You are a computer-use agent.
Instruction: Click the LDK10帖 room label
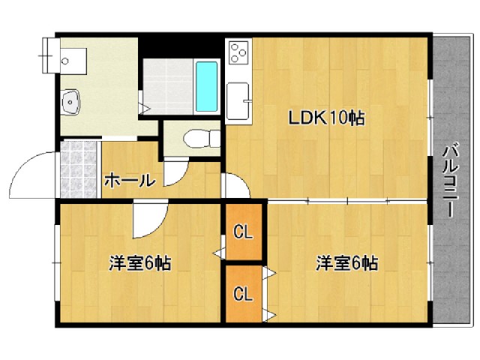pos(326,118)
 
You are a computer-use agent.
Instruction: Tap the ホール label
pos(130,181)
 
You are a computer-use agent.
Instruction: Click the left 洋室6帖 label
pos(140,263)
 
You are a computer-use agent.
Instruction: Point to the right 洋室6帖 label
pos(346,263)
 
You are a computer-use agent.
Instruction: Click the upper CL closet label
pos(242,232)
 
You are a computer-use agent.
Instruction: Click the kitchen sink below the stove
pos(238,100)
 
